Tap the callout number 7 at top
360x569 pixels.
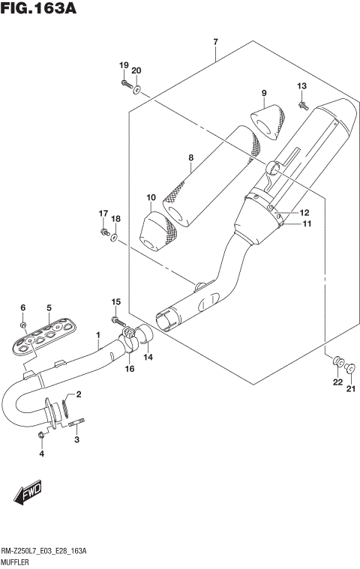point(214,42)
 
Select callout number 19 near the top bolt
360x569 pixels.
point(124,66)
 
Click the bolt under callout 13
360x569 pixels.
point(305,106)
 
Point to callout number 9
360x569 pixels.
point(264,93)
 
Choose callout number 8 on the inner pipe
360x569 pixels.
point(191,157)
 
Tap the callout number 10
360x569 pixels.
point(151,198)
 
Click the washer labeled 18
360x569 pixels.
point(112,238)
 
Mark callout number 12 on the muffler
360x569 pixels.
point(305,213)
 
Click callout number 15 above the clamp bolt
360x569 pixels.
point(116,301)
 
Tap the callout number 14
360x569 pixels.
point(148,358)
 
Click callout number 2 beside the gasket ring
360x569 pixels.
point(77,394)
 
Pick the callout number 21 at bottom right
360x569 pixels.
point(349,388)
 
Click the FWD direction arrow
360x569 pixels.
point(27,494)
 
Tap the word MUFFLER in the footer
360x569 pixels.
point(17,560)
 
